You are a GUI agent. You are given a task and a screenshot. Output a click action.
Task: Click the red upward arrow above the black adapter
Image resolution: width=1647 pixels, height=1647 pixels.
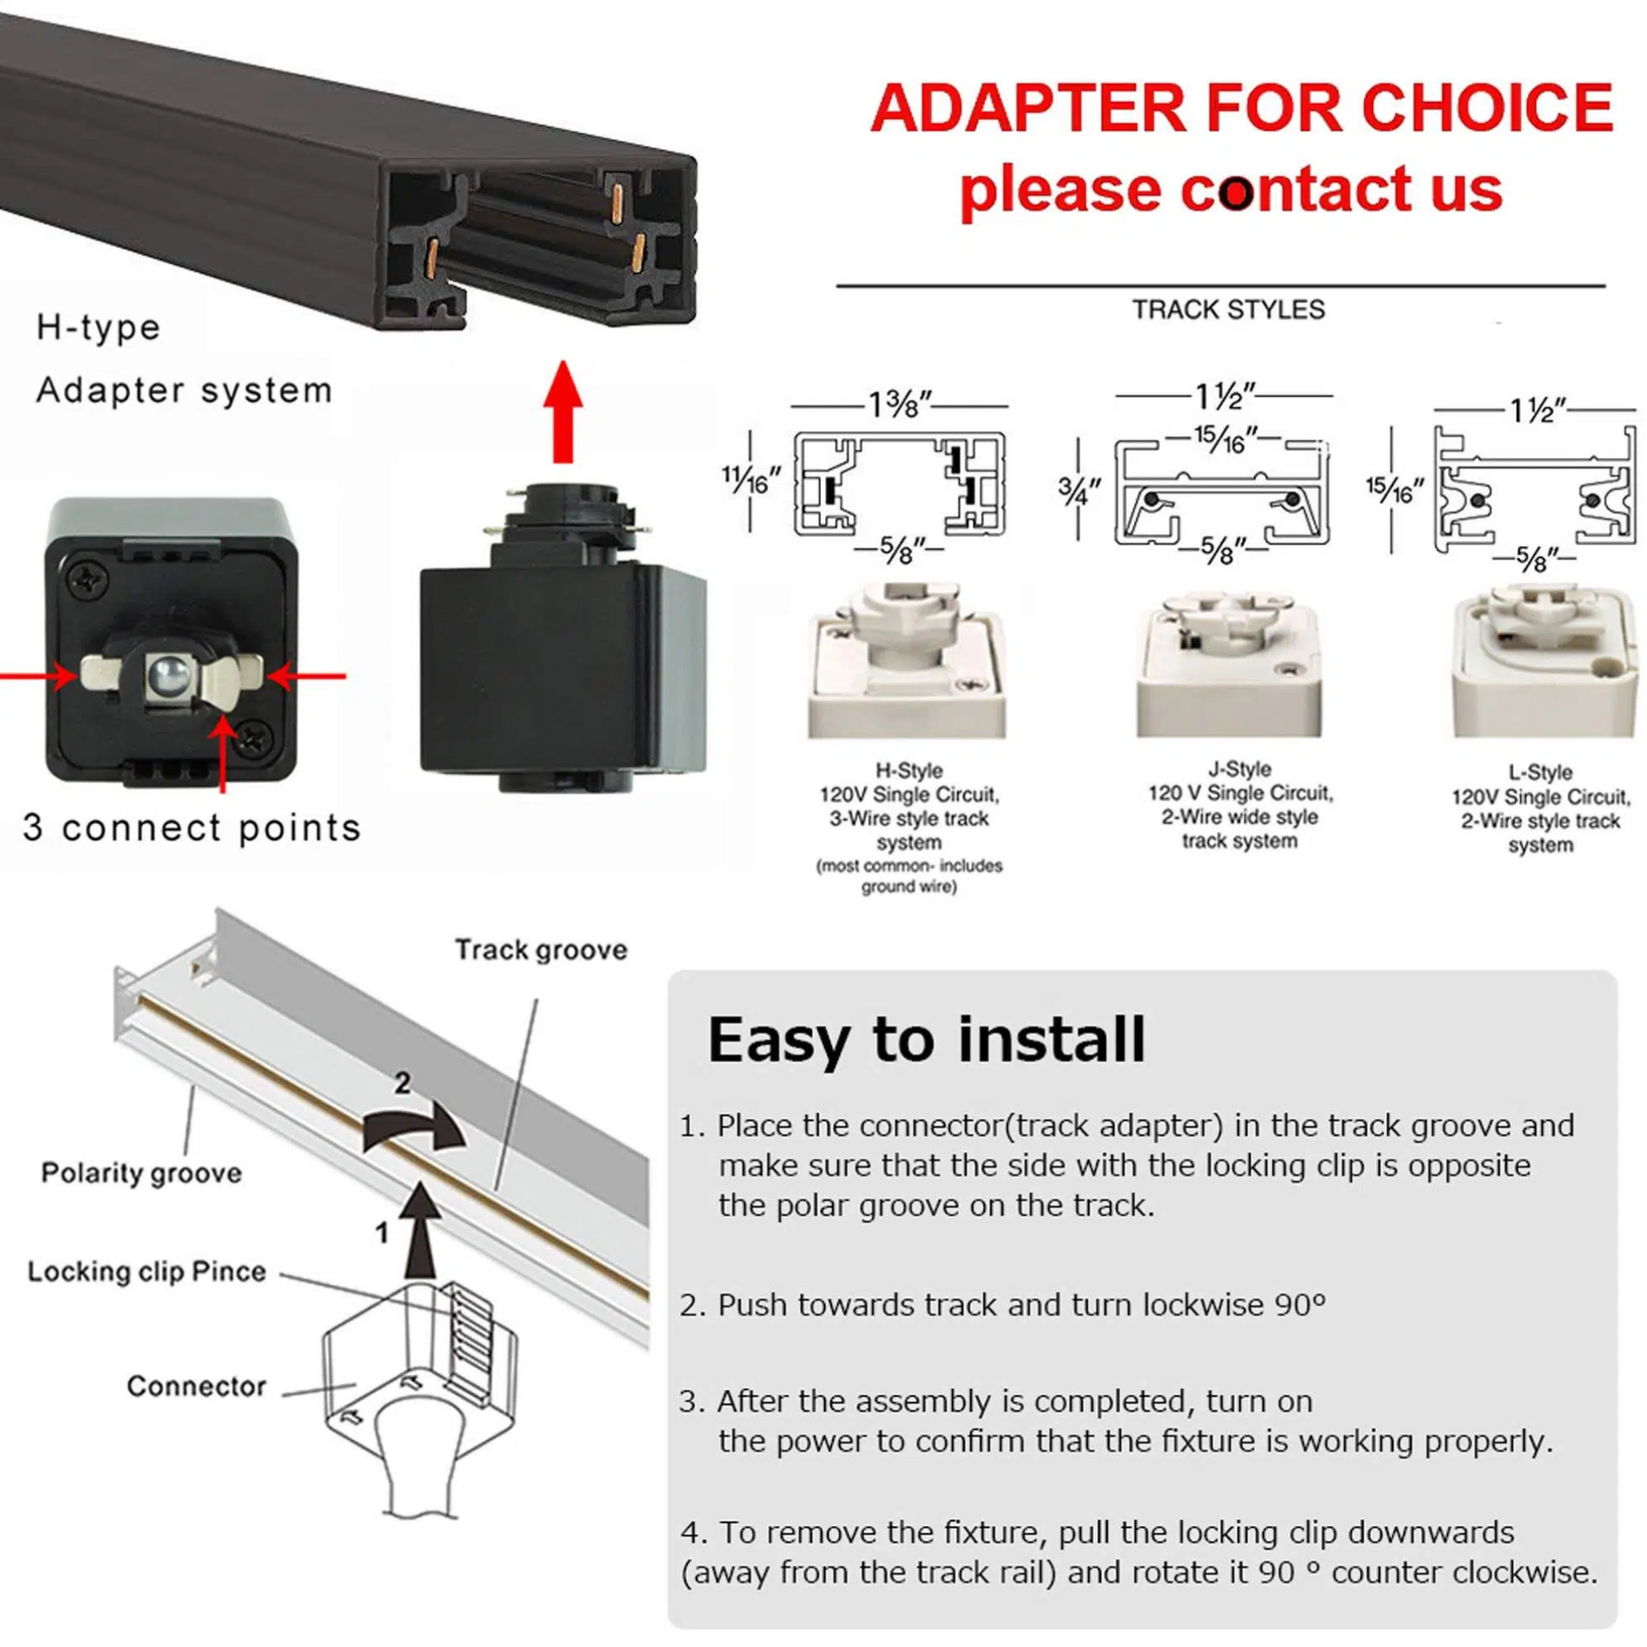pyautogui.click(x=562, y=411)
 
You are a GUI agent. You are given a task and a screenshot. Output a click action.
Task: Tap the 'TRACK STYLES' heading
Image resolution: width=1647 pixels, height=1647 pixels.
pyautogui.click(x=1228, y=310)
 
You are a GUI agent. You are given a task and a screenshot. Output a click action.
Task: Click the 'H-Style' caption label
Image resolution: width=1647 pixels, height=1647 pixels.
pyautogui.click(x=909, y=771)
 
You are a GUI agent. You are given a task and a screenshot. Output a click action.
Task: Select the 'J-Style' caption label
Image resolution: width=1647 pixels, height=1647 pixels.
pyautogui.click(x=1240, y=769)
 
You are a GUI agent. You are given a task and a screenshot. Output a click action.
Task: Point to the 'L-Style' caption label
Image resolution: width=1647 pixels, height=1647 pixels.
pyautogui.click(x=1540, y=773)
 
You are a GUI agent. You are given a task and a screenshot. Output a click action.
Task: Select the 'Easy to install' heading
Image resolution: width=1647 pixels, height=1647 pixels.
pyautogui.click(x=927, y=1040)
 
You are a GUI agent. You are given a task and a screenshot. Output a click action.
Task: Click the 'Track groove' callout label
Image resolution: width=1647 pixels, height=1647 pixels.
pyautogui.click(x=542, y=950)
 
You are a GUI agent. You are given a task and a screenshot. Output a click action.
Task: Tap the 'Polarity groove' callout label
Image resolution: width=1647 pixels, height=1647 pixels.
pyautogui.click(x=141, y=1173)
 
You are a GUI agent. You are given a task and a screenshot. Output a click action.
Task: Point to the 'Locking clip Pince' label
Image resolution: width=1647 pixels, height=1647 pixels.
pyautogui.click(x=146, y=1272)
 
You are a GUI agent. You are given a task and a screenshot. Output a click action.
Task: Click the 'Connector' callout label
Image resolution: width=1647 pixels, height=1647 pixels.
pyautogui.click(x=196, y=1386)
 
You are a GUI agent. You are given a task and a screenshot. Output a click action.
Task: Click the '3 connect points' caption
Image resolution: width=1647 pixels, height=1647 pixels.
pyautogui.click(x=192, y=828)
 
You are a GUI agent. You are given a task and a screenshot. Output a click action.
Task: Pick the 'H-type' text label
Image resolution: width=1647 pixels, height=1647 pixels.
pyautogui.click(x=98, y=328)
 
